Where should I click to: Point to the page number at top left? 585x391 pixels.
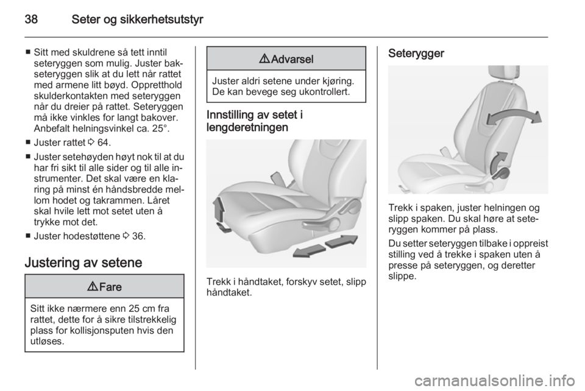coord(32,19)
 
